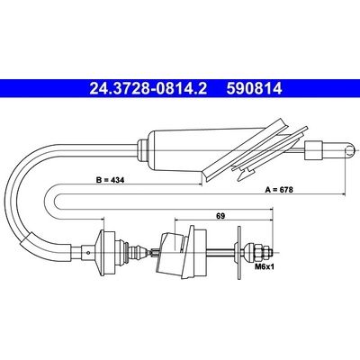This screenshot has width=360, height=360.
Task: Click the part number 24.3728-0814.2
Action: pyautogui.click(x=148, y=88)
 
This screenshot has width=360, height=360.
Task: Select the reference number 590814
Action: pyautogui.click(x=255, y=88)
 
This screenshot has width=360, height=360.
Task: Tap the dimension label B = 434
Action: pyautogui.click(x=110, y=180)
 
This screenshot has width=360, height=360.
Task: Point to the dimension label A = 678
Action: pyautogui.click(x=279, y=190)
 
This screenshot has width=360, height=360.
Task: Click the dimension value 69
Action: pyautogui.click(x=220, y=215)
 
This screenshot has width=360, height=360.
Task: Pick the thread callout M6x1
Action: pyautogui.click(x=265, y=266)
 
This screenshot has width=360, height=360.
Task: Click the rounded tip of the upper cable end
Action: pyautogui.click(x=351, y=149)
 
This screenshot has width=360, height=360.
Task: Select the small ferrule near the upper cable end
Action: pyautogui.click(x=313, y=150)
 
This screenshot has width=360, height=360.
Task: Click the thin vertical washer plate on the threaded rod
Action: pyautogui.click(x=239, y=253)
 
